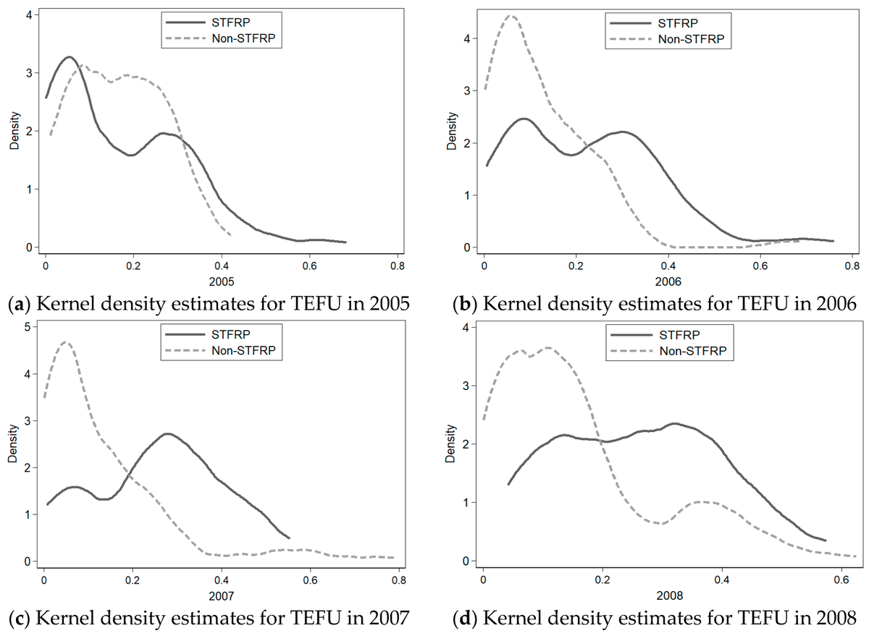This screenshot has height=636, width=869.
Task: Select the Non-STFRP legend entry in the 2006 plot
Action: pyautogui.click(x=692, y=38)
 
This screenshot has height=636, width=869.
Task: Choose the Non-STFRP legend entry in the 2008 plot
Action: pyautogui.click(x=692, y=352)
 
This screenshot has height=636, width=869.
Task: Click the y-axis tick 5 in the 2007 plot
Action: pyautogui.click(x=28, y=327)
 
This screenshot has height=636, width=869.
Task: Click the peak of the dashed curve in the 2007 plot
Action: pyautogui.click(x=67, y=342)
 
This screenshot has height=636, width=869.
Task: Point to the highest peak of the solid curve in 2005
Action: pyautogui.click(x=69, y=57)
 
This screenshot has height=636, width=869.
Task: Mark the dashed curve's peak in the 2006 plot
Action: pyautogui.click(x=511, y=16)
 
